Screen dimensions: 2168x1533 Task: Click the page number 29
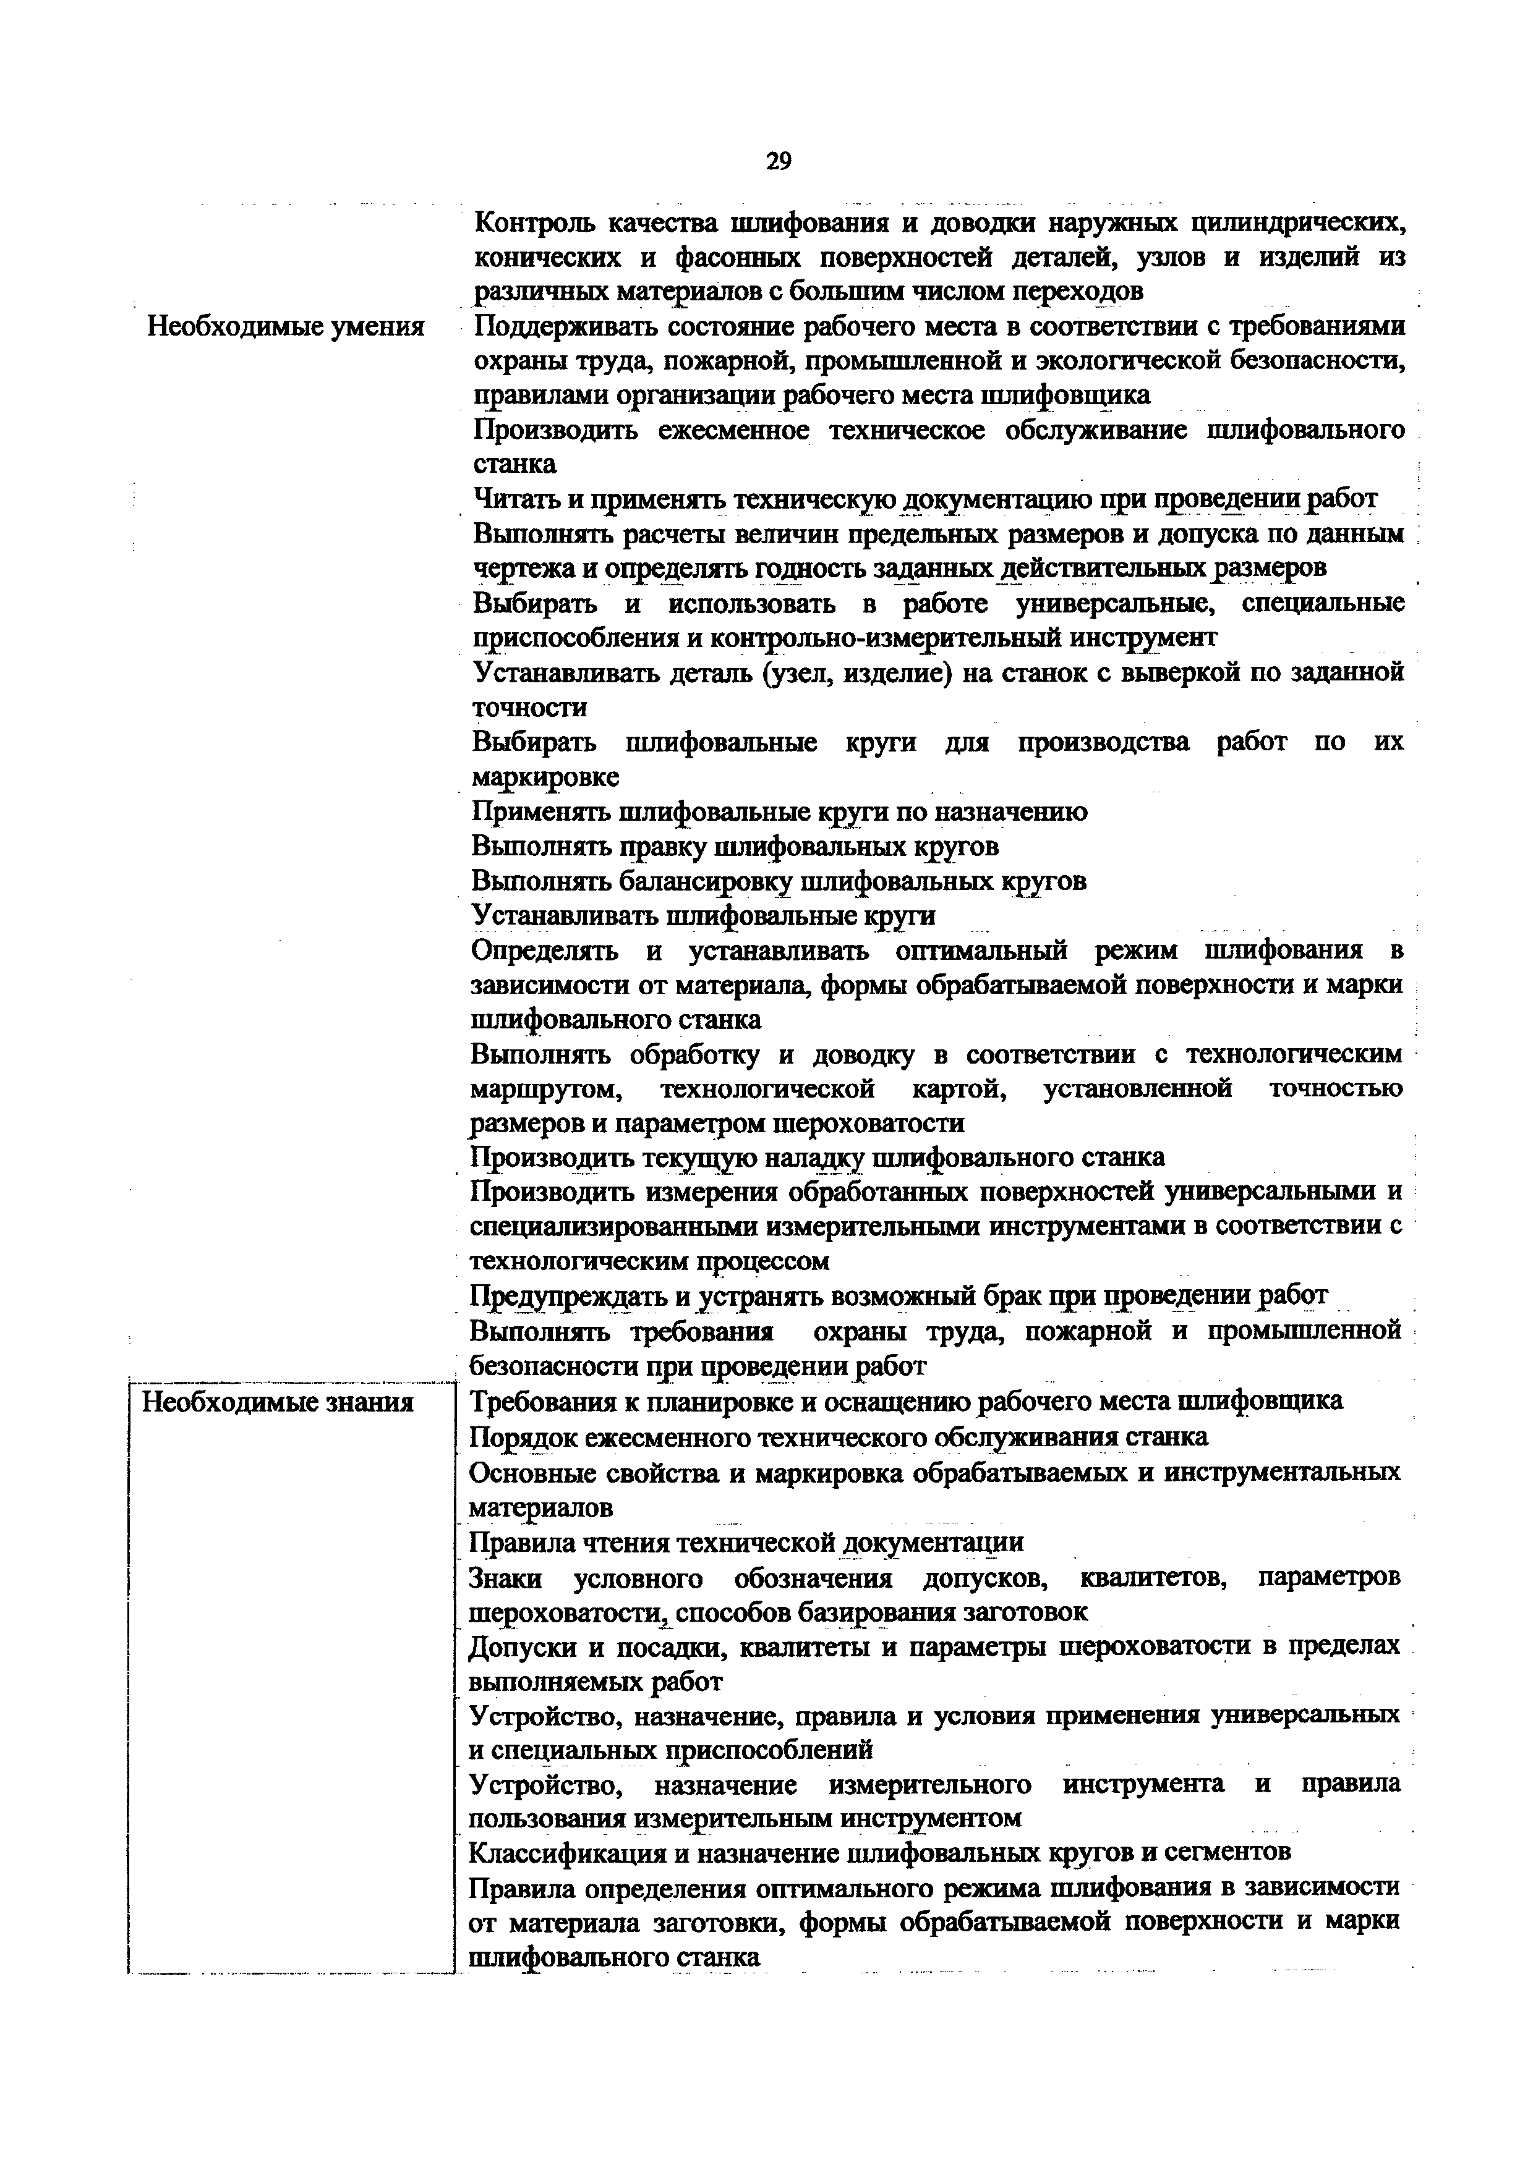click(x=779, y=161)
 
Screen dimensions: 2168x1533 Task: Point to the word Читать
click(x=515, y=499)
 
